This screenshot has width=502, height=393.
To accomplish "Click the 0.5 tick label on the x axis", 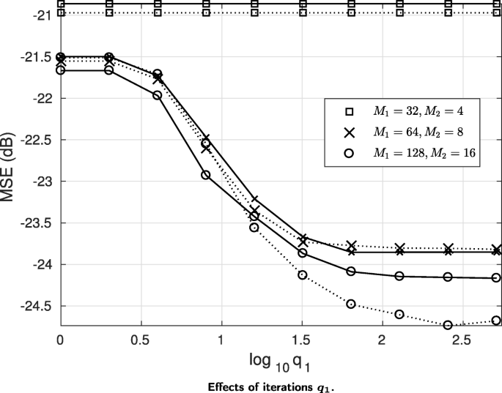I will click(x=140, y=340).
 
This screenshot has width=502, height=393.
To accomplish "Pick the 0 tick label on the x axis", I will click(x=60, y=340).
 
